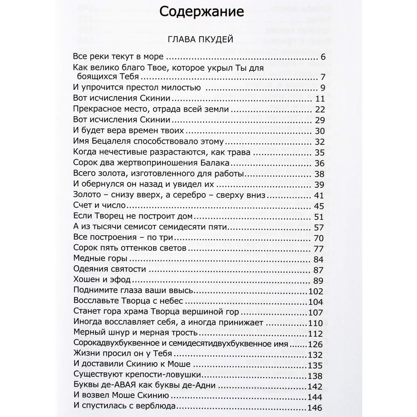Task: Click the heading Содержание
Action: click(202, 12)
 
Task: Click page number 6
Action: click(323, 57)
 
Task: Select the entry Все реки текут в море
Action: click(118, 56)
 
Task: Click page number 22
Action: click(320, 109)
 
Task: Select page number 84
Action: click(320, 258)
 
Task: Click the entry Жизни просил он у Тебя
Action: click(123, 354)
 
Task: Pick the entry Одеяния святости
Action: click(109, 269)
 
